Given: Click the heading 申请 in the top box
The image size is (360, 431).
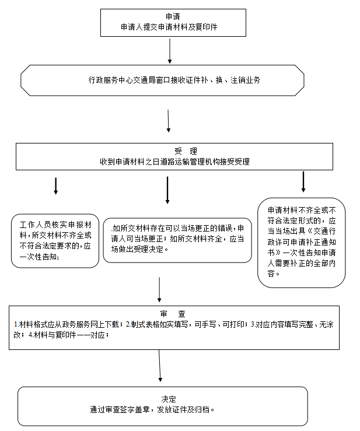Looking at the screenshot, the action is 173,17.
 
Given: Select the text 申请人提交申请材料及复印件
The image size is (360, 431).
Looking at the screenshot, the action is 169,27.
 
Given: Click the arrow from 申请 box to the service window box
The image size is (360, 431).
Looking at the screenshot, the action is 170,51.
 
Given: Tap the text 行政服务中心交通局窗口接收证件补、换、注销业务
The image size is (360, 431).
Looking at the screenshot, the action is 174,80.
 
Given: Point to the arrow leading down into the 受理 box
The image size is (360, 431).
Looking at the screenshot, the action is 168,121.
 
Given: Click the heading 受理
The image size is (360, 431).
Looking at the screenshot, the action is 186,151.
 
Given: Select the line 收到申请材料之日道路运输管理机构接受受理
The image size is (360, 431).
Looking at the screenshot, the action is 174,162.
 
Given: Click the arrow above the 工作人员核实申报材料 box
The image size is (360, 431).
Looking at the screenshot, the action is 56,186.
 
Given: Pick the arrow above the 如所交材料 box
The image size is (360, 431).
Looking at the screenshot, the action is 167,190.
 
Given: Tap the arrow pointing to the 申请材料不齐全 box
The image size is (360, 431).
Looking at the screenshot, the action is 303,182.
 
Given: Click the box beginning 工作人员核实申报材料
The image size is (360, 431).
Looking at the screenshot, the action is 55,241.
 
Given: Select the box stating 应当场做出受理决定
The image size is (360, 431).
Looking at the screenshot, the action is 177,240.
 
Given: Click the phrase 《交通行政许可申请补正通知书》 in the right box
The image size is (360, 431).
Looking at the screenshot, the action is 302,242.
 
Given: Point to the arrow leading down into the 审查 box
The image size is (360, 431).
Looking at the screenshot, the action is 159,290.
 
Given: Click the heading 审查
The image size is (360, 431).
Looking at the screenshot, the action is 173,314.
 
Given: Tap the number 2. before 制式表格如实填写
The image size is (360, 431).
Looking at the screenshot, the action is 128,325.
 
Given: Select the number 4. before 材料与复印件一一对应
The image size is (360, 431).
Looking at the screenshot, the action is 31,335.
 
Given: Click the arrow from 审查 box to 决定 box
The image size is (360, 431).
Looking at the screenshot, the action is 159,366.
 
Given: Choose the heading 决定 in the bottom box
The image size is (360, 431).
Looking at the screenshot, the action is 169,399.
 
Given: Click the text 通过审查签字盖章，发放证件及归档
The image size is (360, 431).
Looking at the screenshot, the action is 152,410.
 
